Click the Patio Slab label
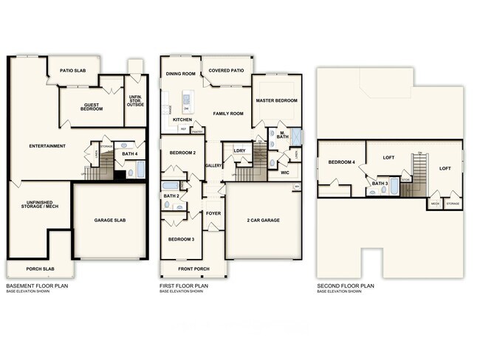[73, 71]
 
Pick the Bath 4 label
[130, 153]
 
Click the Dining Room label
[180, 74]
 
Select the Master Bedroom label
[276, 100]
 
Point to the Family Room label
[228, 114]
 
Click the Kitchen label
[182, 120]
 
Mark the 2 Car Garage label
[263, 220]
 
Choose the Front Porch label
[193, 269]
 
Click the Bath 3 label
[380, 183]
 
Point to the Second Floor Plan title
[346, 285]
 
